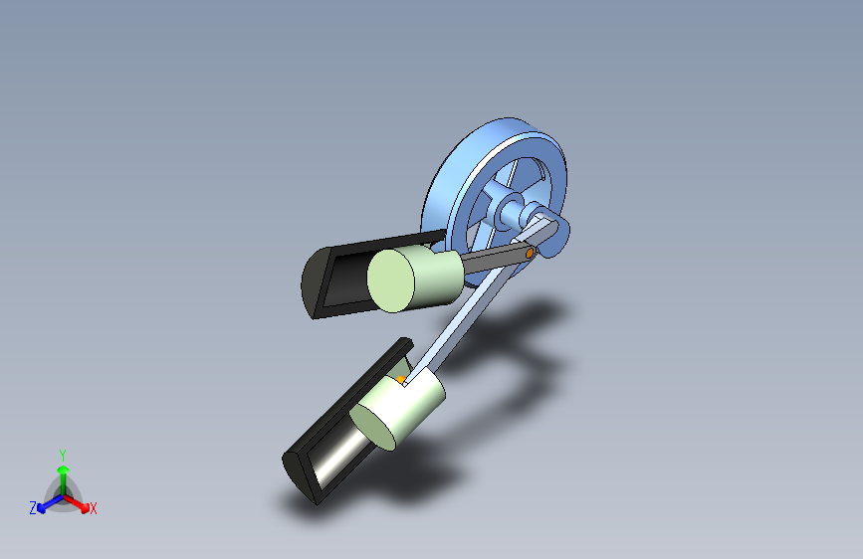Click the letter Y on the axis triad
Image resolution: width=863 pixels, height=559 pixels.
coord(63,456)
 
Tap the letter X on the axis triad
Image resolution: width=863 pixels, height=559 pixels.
coord(93,509)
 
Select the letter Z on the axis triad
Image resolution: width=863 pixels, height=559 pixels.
coord(33,508)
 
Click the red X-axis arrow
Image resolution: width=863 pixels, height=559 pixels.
coord(76,503)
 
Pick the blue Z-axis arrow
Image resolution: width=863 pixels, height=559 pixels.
coord(50,503)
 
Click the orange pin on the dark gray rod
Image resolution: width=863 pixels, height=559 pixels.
coord(530,253)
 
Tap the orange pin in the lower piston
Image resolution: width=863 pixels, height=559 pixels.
coord(401,380)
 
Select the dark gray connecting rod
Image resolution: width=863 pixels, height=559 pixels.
coord(496,260)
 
